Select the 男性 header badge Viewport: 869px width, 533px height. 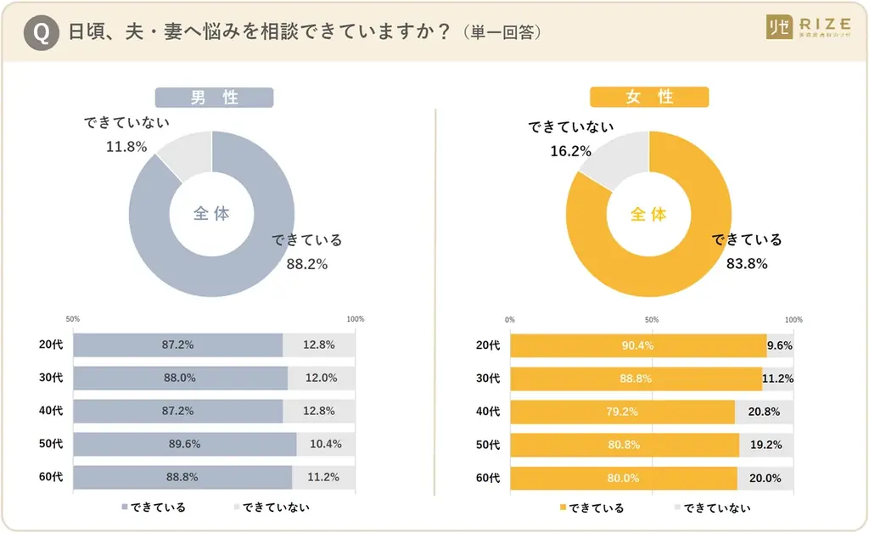(x=214, y=98)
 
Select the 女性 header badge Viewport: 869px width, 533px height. (x=649, y=98)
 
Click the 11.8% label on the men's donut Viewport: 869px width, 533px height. (x=126, y=147)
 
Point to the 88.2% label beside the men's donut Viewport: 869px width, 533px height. (x=306, y=264)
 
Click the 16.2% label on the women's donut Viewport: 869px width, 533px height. (x=570, y=151)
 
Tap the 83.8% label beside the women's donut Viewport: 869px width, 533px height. (x=747, y=264)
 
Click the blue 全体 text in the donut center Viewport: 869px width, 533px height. (x=211, y=214)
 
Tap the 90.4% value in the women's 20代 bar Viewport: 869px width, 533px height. (x=636, y=345)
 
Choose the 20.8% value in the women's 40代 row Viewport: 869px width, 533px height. (x=765, y=412)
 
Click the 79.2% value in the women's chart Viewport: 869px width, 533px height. (x=622, y=412)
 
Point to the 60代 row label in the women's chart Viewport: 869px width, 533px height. (x=488, y=478)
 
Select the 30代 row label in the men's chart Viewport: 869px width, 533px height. (x=51, y=378)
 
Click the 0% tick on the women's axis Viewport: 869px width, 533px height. (x=510, y=320)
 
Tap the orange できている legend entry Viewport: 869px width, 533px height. (x=591, y=508)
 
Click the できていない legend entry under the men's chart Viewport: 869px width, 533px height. (x=270, y=508)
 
